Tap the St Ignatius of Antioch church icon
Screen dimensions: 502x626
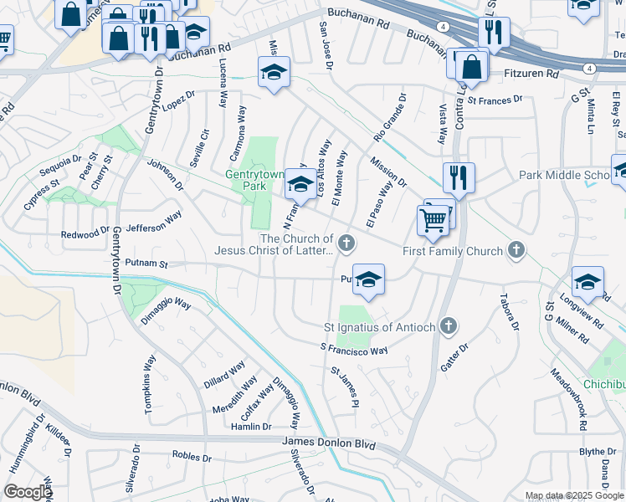point(449,325)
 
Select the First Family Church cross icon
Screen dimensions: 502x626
point(517,250)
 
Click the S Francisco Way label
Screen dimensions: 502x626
point(354,348)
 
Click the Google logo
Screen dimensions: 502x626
point(28,491)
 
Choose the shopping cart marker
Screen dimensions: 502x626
point(433,221)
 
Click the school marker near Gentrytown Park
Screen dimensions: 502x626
point(300,184)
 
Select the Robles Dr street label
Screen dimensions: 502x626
point(192,457)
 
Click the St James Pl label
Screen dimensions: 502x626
point(345,386)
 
